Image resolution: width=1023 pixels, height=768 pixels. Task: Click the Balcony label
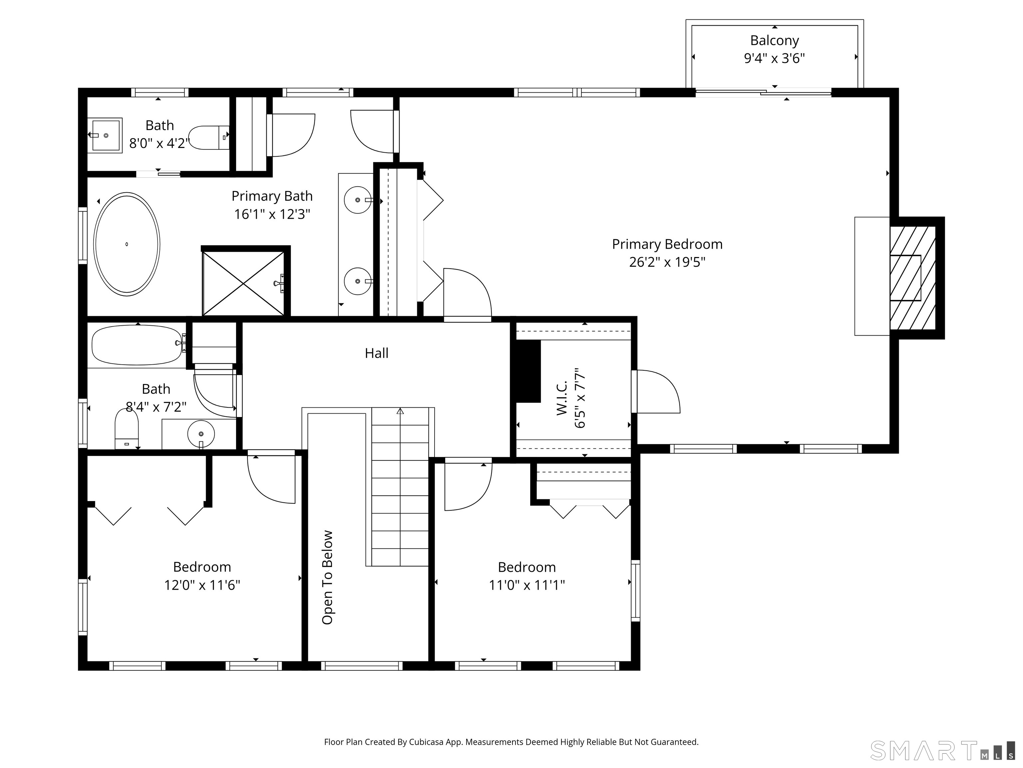pyautogui.click(x=774, y=41)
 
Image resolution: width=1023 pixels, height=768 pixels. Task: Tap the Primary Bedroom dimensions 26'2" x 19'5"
pyautogui.click(x=667, y=262)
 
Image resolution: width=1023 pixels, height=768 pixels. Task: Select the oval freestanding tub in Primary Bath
pyautogui.click(x=127, y=244)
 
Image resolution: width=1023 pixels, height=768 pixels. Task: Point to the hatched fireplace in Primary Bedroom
pyautogui.click(x=912, y=278)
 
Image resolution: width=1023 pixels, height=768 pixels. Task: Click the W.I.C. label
pyautogui.click(x=562, y=398)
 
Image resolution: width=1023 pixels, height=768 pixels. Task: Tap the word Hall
pyautogui.click(x=376, y=353)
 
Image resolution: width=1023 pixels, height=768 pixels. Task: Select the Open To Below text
pyautogui.click(x=327, y=577)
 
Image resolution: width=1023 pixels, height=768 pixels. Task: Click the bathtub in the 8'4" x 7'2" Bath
pyautogui.click(x=137, y=345)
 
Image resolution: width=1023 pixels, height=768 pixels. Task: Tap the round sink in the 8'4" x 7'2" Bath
pyautogui.click(x=201, y=434)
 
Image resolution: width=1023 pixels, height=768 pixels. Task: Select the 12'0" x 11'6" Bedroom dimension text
pyautogui.click(x=202, y=585)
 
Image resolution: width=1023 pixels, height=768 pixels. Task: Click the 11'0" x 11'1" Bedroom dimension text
pyautogui.click(x=527, y=585)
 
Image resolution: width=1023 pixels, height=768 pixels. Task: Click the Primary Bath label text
pyautogui.click(x=272, y=196)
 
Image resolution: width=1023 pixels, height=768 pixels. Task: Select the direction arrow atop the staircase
pyautogui.click(x=400, y=411)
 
